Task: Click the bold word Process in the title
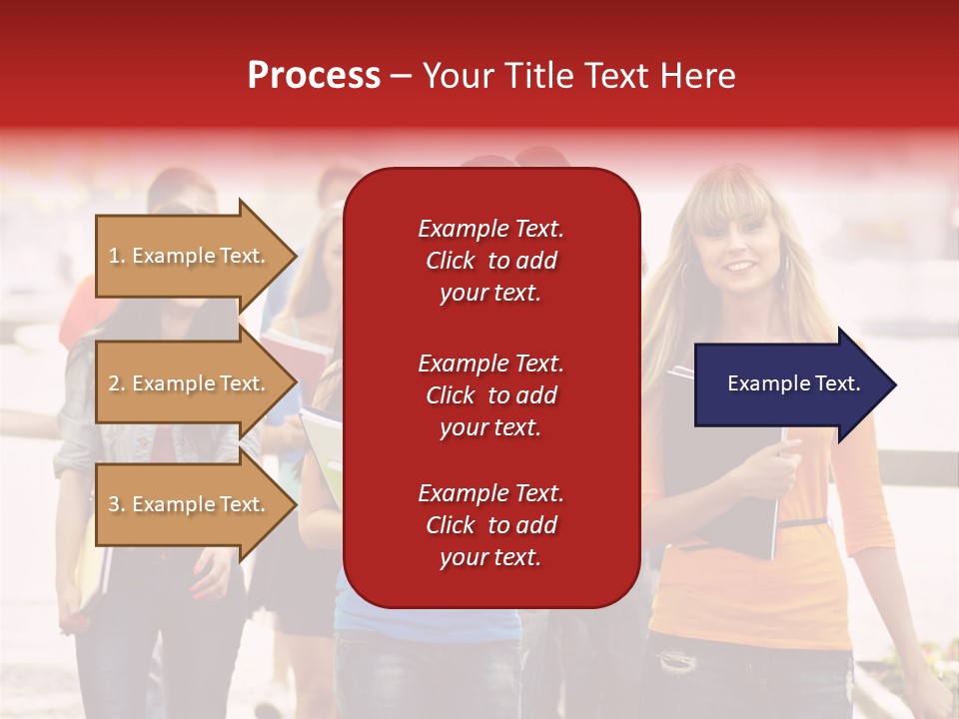[314, 76]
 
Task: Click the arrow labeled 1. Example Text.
[190, 256]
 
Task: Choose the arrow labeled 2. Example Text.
[190, 383]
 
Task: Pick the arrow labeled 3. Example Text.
[190, 504]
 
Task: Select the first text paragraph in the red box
[490, 261]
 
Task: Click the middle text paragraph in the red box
[490, 395]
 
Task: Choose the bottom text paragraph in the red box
[490, 525]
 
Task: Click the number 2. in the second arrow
[117, 383]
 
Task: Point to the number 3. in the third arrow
[117, 504]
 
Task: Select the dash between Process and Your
[401, 77]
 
